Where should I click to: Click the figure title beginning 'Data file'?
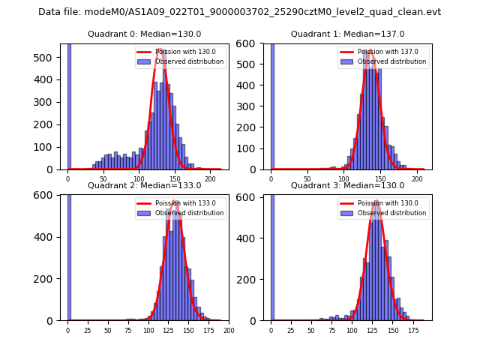click(x=239, y=12)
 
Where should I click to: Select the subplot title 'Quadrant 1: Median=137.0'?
click(x=347, y=34)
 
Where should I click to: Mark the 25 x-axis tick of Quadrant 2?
click(x=88, y=330)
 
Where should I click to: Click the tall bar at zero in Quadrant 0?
click(x=69, y=105)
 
